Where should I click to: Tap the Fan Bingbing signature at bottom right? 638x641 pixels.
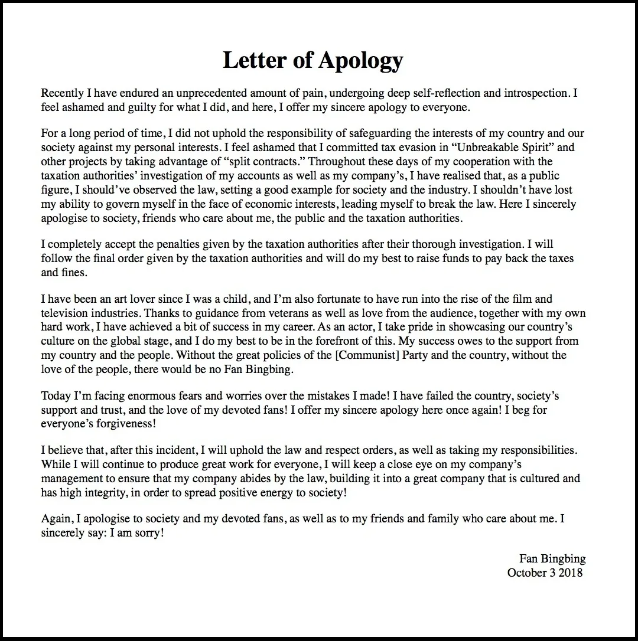552,558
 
